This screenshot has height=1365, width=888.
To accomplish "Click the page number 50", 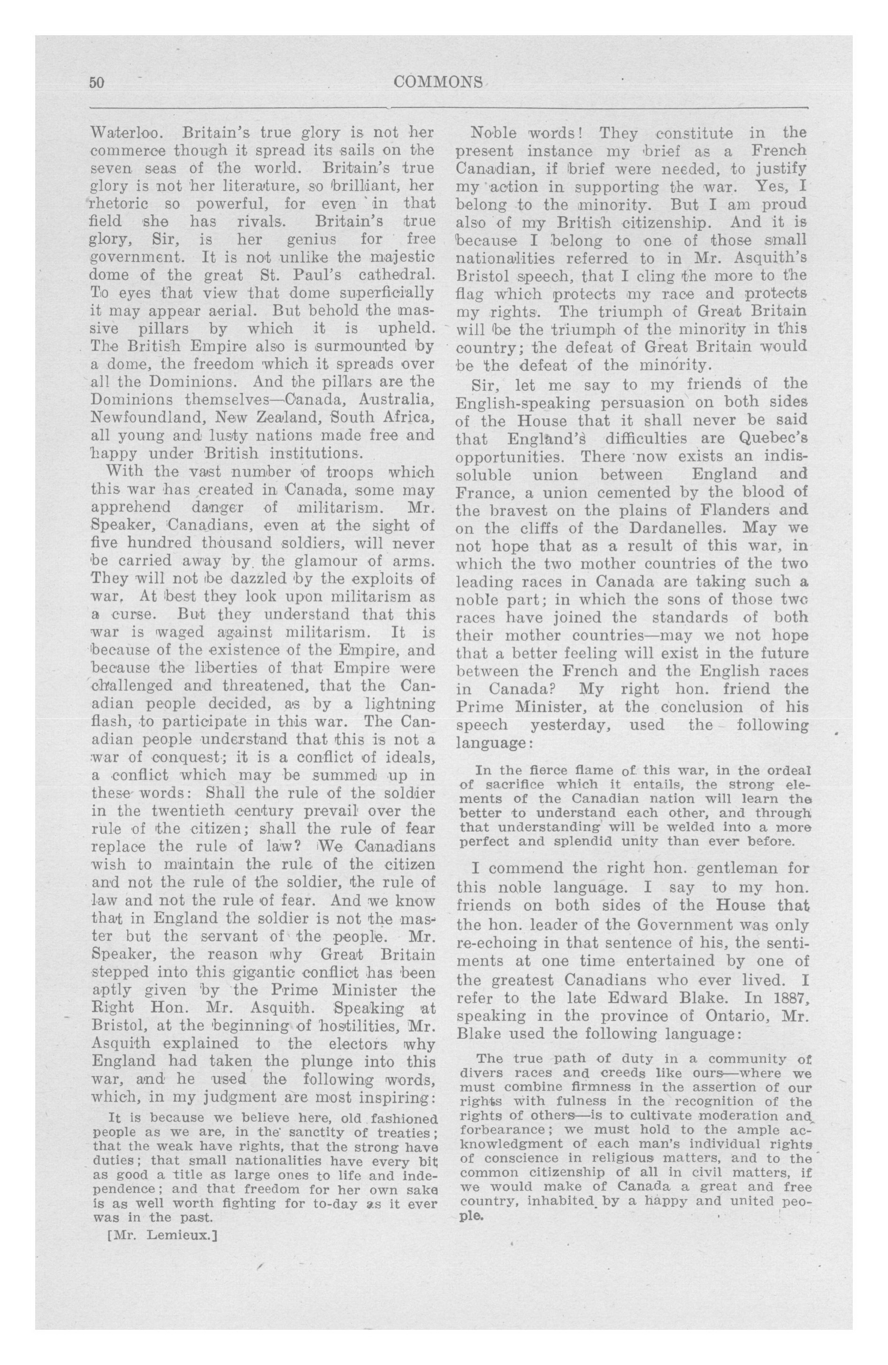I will click(96, 83).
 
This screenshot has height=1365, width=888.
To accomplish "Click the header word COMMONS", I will click(439, 83).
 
